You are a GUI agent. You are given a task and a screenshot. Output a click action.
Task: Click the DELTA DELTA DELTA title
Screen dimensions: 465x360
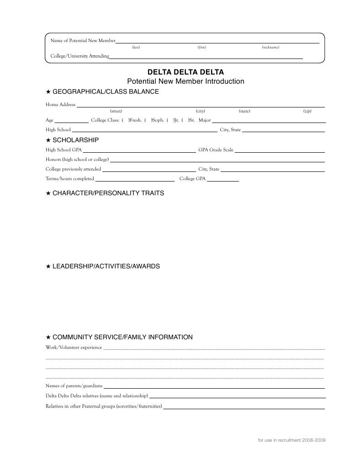[x=185, y=72]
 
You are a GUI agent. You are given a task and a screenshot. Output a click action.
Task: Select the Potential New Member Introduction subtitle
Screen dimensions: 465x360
[x=185, y=81]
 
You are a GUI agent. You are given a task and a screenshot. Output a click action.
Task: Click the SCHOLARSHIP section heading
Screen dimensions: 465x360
[x=75, y=139]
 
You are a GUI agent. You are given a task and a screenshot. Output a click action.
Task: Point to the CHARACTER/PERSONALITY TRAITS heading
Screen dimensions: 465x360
[x=108, y=193]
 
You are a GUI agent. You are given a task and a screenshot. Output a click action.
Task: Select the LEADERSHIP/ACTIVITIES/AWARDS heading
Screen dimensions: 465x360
[x=106, y=266]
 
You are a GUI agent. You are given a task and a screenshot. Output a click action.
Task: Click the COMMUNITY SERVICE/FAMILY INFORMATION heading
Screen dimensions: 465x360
[x=122, y=337]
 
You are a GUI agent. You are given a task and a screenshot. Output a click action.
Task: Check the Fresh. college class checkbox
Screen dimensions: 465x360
[x=125, y=120]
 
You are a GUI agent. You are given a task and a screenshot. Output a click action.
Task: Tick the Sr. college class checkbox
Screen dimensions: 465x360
[x=185, y=120]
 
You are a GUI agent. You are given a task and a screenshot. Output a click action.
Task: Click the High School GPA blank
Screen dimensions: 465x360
[x=139, y=150]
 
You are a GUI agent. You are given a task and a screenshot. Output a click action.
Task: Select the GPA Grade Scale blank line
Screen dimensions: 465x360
[x=280, y=150]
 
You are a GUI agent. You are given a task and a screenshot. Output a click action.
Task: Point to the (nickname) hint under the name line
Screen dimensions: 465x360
[x=270, y=48]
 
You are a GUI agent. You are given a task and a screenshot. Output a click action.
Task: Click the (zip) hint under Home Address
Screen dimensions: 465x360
[x=307, y=111]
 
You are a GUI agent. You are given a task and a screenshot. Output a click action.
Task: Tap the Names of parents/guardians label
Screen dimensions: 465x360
[x=74, y=386]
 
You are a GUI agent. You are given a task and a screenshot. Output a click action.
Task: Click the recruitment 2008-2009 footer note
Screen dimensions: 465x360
[x=291, y=440]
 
